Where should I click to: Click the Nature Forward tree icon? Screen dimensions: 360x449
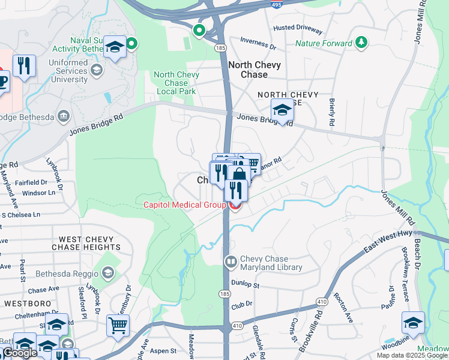tap(361, 43)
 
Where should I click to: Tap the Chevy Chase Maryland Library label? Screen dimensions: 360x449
tap(271, 263)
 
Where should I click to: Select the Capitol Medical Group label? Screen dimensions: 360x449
tap(184, 205)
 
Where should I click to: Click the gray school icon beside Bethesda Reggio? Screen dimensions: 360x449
tap(107, 274)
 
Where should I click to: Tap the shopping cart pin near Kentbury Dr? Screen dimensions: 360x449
tap(118, 325)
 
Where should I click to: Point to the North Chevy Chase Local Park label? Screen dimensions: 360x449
tap(175, 83)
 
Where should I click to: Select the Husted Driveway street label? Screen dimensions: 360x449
tap(297, 29)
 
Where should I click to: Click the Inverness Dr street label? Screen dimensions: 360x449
tap(258, 43)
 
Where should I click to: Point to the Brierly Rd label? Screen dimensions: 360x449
tap(331, 112)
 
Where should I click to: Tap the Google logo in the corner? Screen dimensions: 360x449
tap(20, 353)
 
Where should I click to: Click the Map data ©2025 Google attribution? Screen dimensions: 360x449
tap(412, 355)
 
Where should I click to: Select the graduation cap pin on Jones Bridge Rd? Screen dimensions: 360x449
tap(282, 110)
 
